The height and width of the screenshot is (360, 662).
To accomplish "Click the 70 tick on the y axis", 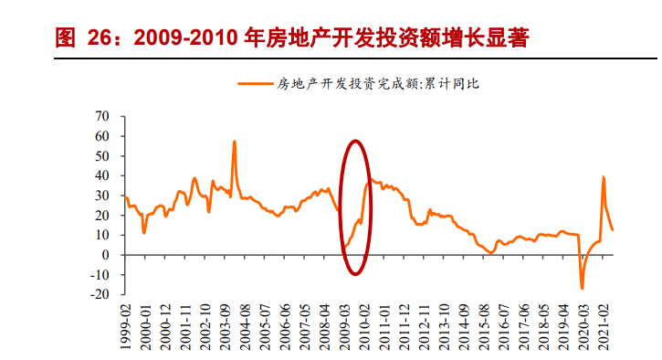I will (x=102, y=116).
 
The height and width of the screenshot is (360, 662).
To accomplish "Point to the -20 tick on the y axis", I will (x=100, y=294).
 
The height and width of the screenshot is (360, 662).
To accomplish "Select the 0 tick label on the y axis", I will (x=106, y=255).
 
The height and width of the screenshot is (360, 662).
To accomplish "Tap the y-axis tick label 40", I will (x=102, y=175).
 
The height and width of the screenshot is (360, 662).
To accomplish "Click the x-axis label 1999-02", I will (x=125, y=324).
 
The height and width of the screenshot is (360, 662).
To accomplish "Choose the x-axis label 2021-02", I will (x=604, y=324).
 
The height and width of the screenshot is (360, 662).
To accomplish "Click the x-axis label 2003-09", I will (x=225, y=324).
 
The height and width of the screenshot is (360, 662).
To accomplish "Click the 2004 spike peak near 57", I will (x=235, y=142).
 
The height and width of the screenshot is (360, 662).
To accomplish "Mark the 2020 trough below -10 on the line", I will (x=582, y=289).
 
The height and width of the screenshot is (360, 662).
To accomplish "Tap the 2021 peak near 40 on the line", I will (x=604, y=177).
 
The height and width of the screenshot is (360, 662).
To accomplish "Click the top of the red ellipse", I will (x=355, y=141).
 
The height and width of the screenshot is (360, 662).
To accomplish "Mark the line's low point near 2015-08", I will (x=490, y=253).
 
